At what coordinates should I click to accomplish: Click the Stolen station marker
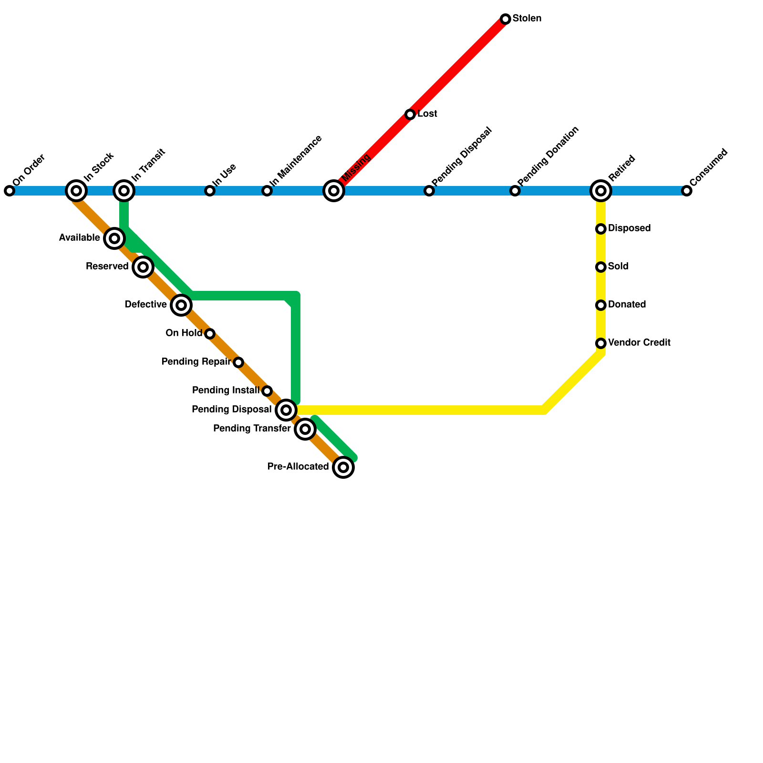coord(505,19)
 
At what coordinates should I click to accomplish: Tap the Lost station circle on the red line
coord(410,114)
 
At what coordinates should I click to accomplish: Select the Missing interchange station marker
coord(334,191)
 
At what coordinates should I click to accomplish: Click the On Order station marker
coord(10,191)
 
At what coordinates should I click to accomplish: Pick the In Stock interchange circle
coord(76,191)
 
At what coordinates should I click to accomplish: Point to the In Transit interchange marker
coord(124,191)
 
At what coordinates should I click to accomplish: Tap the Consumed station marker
coord(687,191)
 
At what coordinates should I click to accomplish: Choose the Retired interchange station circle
coord(601,191)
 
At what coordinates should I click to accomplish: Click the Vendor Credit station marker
coord(601,343)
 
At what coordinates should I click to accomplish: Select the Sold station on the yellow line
coord(601,267)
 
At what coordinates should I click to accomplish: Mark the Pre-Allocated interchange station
coord(343,467)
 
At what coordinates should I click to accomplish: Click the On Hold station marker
coord(210,334)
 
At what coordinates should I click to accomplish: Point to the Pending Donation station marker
coord(515,191)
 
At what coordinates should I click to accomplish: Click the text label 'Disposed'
coord(629,228)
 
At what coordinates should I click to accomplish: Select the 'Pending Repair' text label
coord(196,362)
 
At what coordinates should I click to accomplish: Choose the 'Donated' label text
coord(627,305)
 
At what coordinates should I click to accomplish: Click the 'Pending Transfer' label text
coord(252,429)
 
